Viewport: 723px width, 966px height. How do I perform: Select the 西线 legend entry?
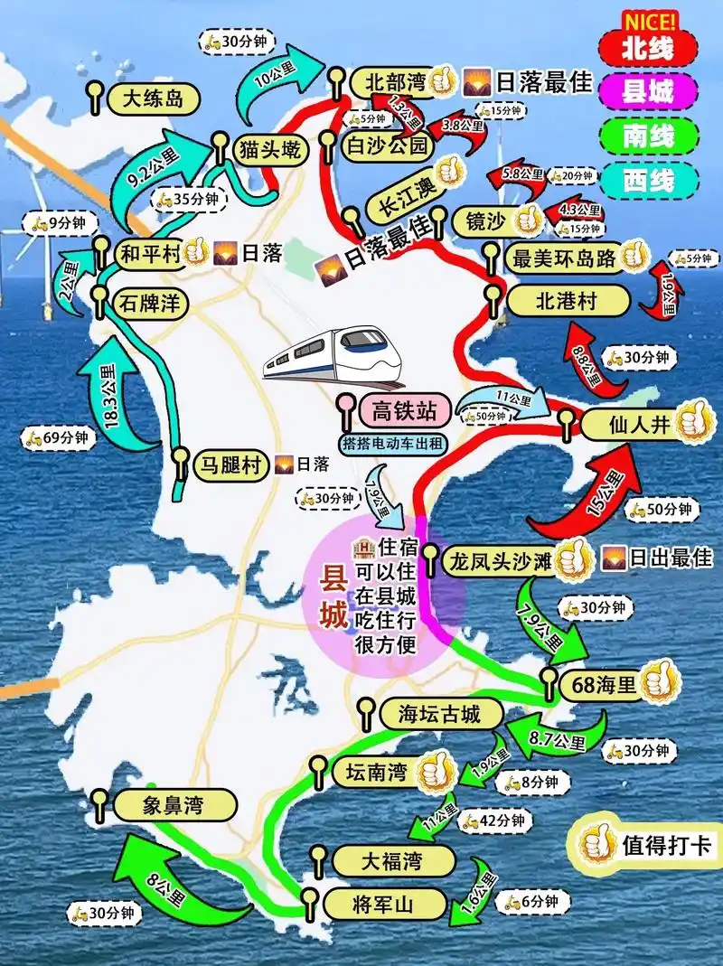648,180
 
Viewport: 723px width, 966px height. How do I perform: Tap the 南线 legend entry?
648,136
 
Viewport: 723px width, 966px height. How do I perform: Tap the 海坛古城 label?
438,714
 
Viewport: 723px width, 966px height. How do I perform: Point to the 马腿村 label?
231,465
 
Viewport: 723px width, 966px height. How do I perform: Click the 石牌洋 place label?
152,304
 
